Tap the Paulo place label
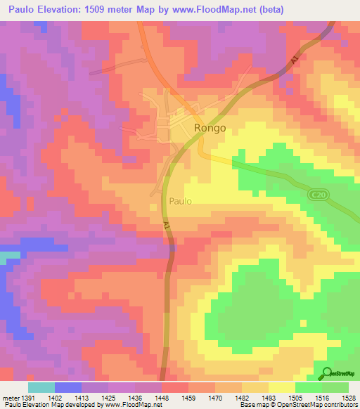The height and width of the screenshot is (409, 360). (180, 201)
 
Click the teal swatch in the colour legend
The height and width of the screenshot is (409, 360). (41, 387)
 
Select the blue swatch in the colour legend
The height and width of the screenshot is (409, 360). (68, 387)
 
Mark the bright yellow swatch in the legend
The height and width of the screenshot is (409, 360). (282, 387)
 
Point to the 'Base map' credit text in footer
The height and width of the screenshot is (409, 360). (254, 405)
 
